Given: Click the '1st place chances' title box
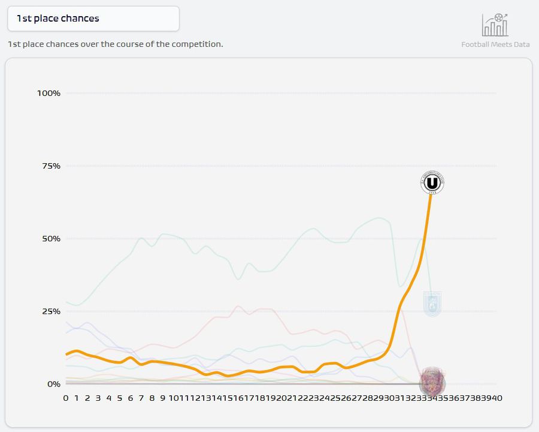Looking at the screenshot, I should click(93, 19).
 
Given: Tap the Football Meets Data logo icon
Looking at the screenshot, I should click(495, 25).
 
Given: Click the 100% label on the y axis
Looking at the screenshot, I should click(49, 93).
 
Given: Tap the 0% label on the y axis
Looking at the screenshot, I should click(53, 384).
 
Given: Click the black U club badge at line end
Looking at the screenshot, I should click(432, 182).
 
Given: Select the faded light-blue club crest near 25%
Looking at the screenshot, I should click(432, 304).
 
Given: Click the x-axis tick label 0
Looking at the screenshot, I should click(66, 398).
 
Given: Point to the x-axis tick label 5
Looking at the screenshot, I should click(120, 398).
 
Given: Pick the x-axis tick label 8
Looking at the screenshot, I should click(152, 398).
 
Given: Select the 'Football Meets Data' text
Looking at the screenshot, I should click(495, 44).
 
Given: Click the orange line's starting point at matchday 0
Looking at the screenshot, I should click(66, 355).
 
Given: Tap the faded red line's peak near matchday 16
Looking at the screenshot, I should click(238, 306).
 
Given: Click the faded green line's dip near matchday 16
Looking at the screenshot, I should click(239, 279).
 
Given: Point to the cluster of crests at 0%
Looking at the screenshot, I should click(432, 380).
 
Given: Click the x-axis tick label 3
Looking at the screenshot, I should click(98, 398).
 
